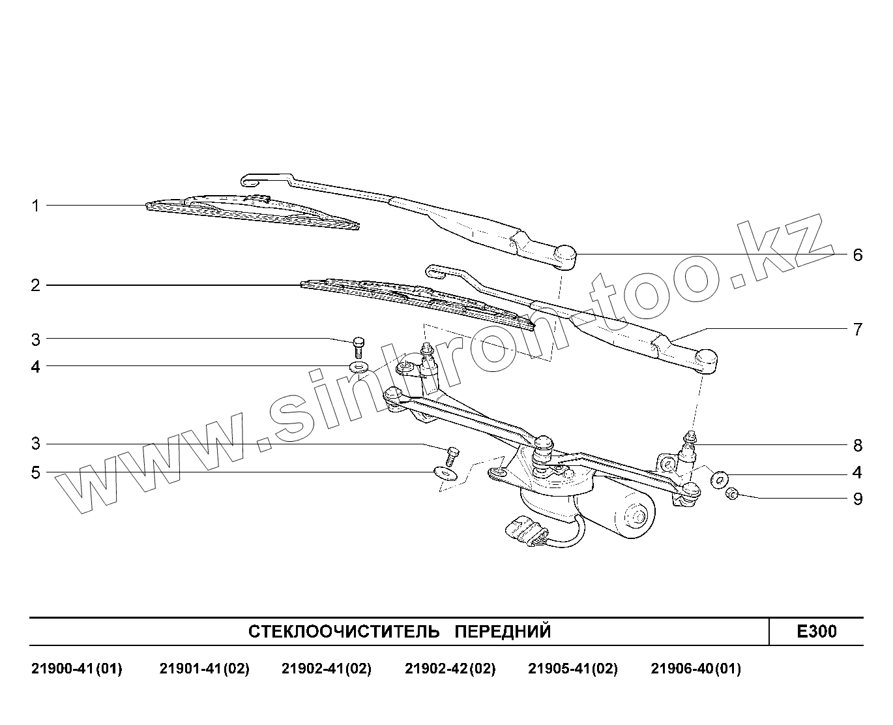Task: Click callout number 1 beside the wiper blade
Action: pyautogui.click(x=35, y=206)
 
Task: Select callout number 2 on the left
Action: pyautogui.click(x=35, y=285)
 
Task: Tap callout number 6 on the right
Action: pyautogui.click(x=857, y=255)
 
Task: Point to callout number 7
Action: pyautogui.click(x=857, y=329)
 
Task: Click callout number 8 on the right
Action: pyautogui.click(x=857, y=445)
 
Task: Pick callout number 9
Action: pyautogui.click(x=857, y=499)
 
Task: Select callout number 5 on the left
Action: pyautogui.click(x=35, y=472)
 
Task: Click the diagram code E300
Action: pyautogui.click(x=816, y=631)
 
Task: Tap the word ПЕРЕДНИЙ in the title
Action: pyautogui.click(x=502, y=631)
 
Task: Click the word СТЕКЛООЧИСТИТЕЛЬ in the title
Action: pyautogui.click(x=336, y=631)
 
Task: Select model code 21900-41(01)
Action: pyautogui.click(x=76, y=669)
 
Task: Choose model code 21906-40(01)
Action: pyautogui.click(x=695, y=669)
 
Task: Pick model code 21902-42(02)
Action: pyautogui.click(x=450, y=669)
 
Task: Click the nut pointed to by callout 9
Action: pyautogui.click(x=731, y=493)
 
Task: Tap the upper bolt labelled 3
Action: pyautogui.click(x=358, y=344)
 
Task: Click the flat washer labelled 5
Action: pyautogui.click(x=445, y=471)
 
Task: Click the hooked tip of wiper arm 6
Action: pyautogui.click(x=250, y=178)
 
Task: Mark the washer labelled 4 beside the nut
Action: pyautogui.click(x=718, y=479)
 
